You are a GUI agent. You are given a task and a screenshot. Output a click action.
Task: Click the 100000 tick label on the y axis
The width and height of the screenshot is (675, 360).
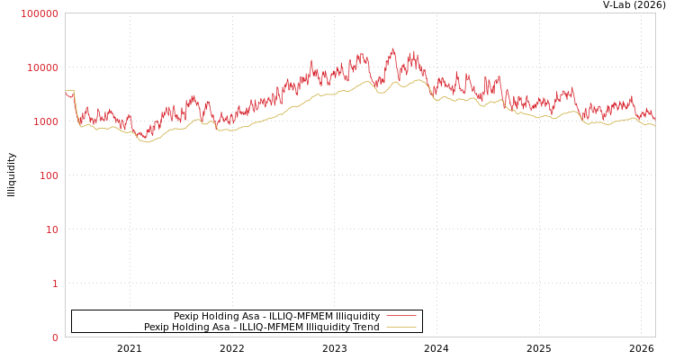pyautogui.click(x=40, y=13)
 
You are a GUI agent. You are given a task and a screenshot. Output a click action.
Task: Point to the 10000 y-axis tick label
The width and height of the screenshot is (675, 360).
pyautogui.click(x=42, y=67)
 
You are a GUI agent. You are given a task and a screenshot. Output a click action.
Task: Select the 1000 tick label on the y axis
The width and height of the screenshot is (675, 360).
pyautogui.click(x=45, y=121)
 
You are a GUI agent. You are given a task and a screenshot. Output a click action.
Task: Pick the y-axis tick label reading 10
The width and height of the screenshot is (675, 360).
pyautogui.click(x=51, y=229)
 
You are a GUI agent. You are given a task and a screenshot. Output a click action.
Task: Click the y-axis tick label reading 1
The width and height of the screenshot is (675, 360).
pyautogui.click(x=54, y=283)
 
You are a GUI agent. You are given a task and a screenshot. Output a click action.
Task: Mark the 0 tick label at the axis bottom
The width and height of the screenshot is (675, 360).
pyautogui.click(x=54, y=337)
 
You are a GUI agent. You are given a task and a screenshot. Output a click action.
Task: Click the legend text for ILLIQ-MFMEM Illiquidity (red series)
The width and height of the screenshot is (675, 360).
pyautogui.click(x=276, y=316)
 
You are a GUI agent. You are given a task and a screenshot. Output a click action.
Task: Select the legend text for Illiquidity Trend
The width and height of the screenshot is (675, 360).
pyautogui.click(x=262, y=327)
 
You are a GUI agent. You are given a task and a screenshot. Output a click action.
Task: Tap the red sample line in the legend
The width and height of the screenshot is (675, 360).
pyautogui.click(x=400, y=316)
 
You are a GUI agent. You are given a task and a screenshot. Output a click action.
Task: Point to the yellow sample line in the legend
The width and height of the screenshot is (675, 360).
pyautogui.click(x=400, y=327)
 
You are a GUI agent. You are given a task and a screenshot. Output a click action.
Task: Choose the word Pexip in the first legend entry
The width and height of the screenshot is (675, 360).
pyautogui.click(x=186, y=316)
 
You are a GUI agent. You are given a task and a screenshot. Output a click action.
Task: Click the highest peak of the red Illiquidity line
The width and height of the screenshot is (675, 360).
pyautogui.click(x=392, y=49)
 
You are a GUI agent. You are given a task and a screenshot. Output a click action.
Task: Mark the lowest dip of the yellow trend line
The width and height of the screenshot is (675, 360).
pyautogui.click(x=147, y=142)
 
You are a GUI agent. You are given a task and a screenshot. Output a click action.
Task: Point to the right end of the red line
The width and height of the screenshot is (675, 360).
pyautogui.click(x=654, y=121)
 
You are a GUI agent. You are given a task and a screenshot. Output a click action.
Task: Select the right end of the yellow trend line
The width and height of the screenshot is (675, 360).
pyautogui.click(x=654, y=126)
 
